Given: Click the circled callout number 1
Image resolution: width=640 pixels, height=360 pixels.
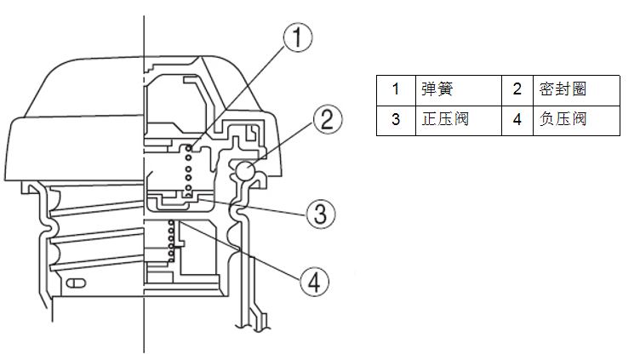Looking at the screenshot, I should [x=297, y=37].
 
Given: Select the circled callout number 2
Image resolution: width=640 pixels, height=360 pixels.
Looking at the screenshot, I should [x=327, y=119].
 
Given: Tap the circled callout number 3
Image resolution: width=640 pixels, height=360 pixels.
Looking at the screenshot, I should [x=317, y=214].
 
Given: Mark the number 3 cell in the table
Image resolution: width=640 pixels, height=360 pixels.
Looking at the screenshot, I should [x=396, y=119].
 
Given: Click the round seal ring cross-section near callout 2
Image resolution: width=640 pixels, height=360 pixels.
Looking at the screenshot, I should [x=245, y=171].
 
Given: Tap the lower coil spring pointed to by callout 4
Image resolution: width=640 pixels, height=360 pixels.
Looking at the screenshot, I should [x=173, y=239].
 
